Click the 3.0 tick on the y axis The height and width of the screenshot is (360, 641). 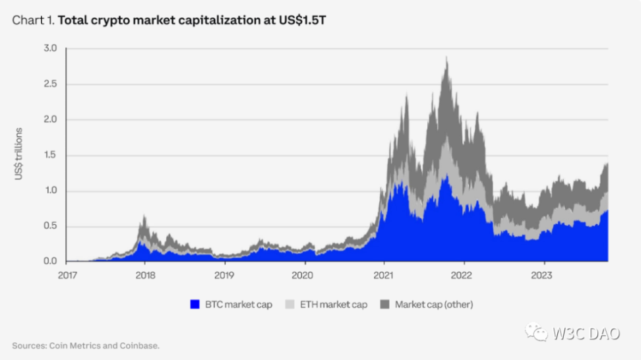tap(51, 49)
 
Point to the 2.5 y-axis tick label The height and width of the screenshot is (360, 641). tap(51, 84)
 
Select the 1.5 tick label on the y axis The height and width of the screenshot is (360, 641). tap(51, 156)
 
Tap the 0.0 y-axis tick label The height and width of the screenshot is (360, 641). tap(51, 262)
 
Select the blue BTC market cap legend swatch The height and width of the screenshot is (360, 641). tap(195, 304)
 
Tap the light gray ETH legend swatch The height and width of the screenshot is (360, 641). tap(291, 304)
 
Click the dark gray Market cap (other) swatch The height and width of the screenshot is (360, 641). tap(384, 304)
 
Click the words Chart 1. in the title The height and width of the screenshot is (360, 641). tap(33, 20)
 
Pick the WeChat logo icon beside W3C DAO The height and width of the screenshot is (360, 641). tap(536, 334)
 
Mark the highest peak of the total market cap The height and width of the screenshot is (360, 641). tap(447, 57)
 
